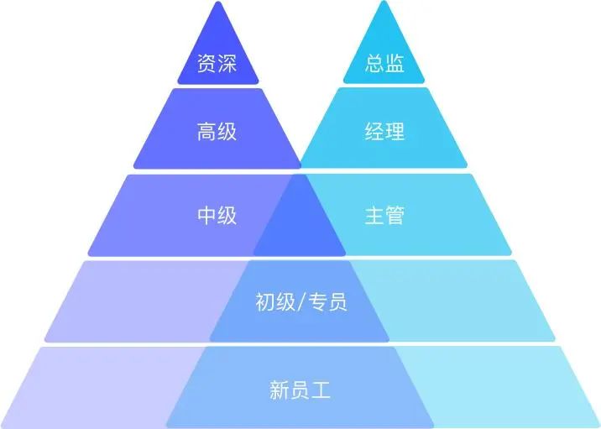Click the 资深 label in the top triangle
pos(217,63)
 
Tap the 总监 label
pos(384,63)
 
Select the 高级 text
pos(217,132)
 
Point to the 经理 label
pos(384,132)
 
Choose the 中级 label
pos(217,215)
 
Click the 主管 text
pos(384,215)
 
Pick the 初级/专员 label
pos(301,301)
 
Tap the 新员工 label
pos(300,390)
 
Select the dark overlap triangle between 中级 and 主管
pos(300,226)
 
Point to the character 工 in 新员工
pos(321,390)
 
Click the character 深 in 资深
pos(227,63)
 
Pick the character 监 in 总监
pos(395,63)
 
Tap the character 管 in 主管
pos(395,215)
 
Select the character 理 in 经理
pos(395,132)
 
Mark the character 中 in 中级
pos(207,215)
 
